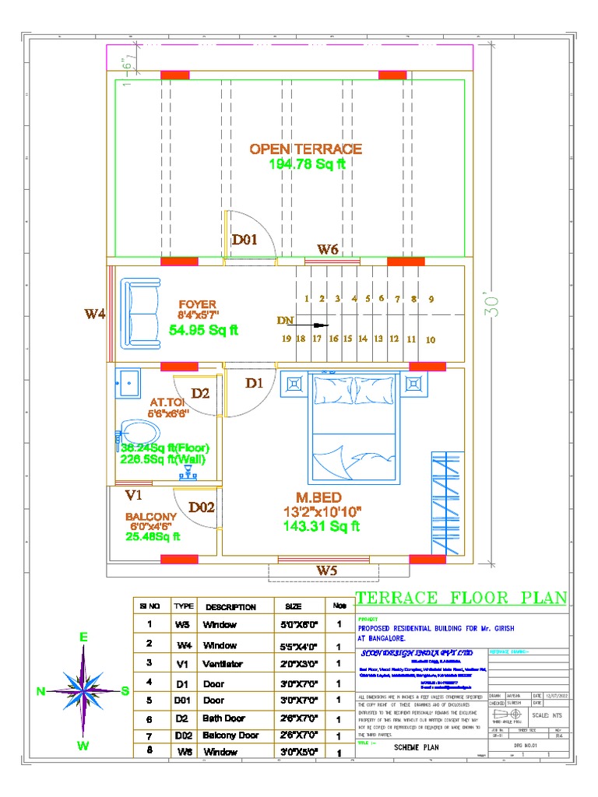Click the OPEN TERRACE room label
[305, 149]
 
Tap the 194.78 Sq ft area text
[306, 163]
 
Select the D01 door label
[244, 241]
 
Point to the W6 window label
[327, 250]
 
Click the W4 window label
[95, 314]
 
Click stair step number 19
[286, 339]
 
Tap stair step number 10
[431, 340]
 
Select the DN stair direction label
[284, 320]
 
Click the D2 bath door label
[200, 394]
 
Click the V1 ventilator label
[134, 495]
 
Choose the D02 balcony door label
[202, 507]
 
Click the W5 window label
[327, 571]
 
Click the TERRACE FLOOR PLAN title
[462, 599]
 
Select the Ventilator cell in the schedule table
[223, 665]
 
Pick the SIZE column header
[294, 607]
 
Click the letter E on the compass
[83, 637]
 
